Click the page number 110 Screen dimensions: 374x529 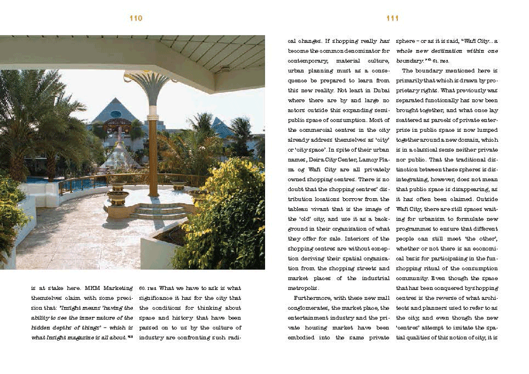point(136,18)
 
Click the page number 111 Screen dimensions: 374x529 point(393,18)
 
